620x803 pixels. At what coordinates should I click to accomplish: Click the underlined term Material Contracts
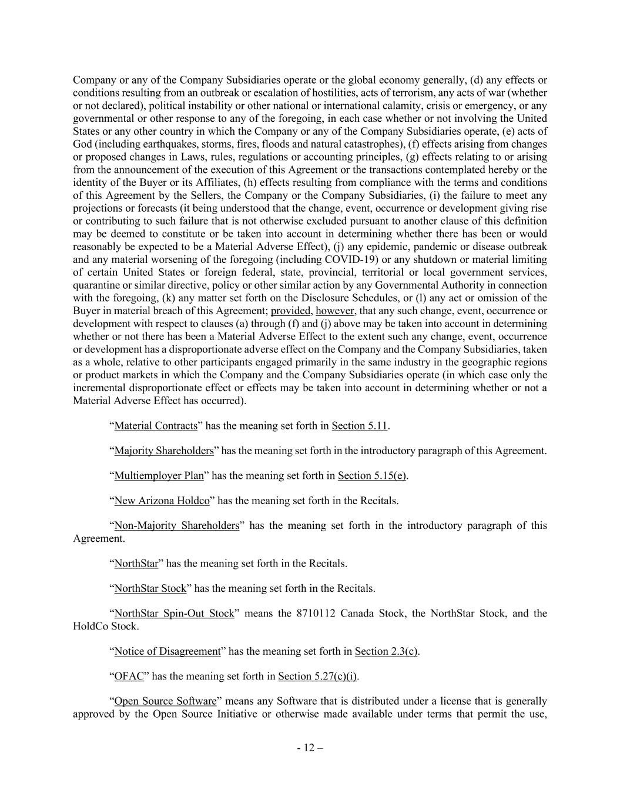pos(156,426)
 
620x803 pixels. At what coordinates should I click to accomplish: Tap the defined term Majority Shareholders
pos(164,451)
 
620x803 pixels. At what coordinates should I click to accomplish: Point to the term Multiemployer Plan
pos(159,476)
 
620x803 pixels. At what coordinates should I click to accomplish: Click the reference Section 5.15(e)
pos(372,476)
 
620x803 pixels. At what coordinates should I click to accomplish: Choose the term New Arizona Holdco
pos(162,501)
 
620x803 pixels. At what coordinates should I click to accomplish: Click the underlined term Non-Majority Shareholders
pos(176,525)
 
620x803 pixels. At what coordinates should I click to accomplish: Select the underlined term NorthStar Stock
pos(150,588)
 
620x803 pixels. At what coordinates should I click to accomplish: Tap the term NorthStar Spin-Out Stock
pos(174,613)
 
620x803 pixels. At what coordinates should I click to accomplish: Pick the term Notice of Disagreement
pos(167,651)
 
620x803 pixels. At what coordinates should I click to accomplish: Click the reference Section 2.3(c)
pos(387,651)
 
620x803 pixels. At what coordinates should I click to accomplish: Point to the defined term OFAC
pos(129,677)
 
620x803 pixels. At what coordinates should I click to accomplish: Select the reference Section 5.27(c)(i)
pos(317,677)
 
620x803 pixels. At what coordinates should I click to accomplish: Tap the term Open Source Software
pos(165,701)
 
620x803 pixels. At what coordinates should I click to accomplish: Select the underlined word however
pos(335,311)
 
